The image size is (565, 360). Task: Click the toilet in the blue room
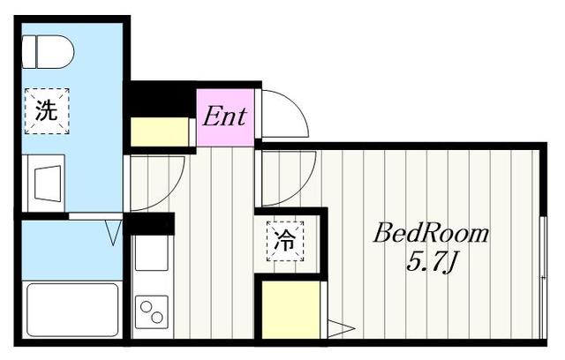point(48,52)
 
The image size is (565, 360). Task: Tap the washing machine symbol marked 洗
point(47,111)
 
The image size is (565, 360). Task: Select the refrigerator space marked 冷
point(285,241)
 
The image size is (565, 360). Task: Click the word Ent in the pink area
point(225,116)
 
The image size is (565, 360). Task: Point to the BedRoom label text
point(431,233)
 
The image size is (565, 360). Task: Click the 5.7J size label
point(432,262)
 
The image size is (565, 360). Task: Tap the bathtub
point(72,311)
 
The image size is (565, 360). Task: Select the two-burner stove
point(151,311)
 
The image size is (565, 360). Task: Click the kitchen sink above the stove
point(151,252)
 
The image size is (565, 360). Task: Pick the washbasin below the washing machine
point(47,184)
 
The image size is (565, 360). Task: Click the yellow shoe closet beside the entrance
point(159,131)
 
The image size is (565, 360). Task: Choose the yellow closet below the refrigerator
point(290,310)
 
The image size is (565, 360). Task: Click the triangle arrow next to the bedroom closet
point(341,328)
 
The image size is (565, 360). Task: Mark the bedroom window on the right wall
point(543,277)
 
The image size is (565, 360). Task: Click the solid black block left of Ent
point(161,98)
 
